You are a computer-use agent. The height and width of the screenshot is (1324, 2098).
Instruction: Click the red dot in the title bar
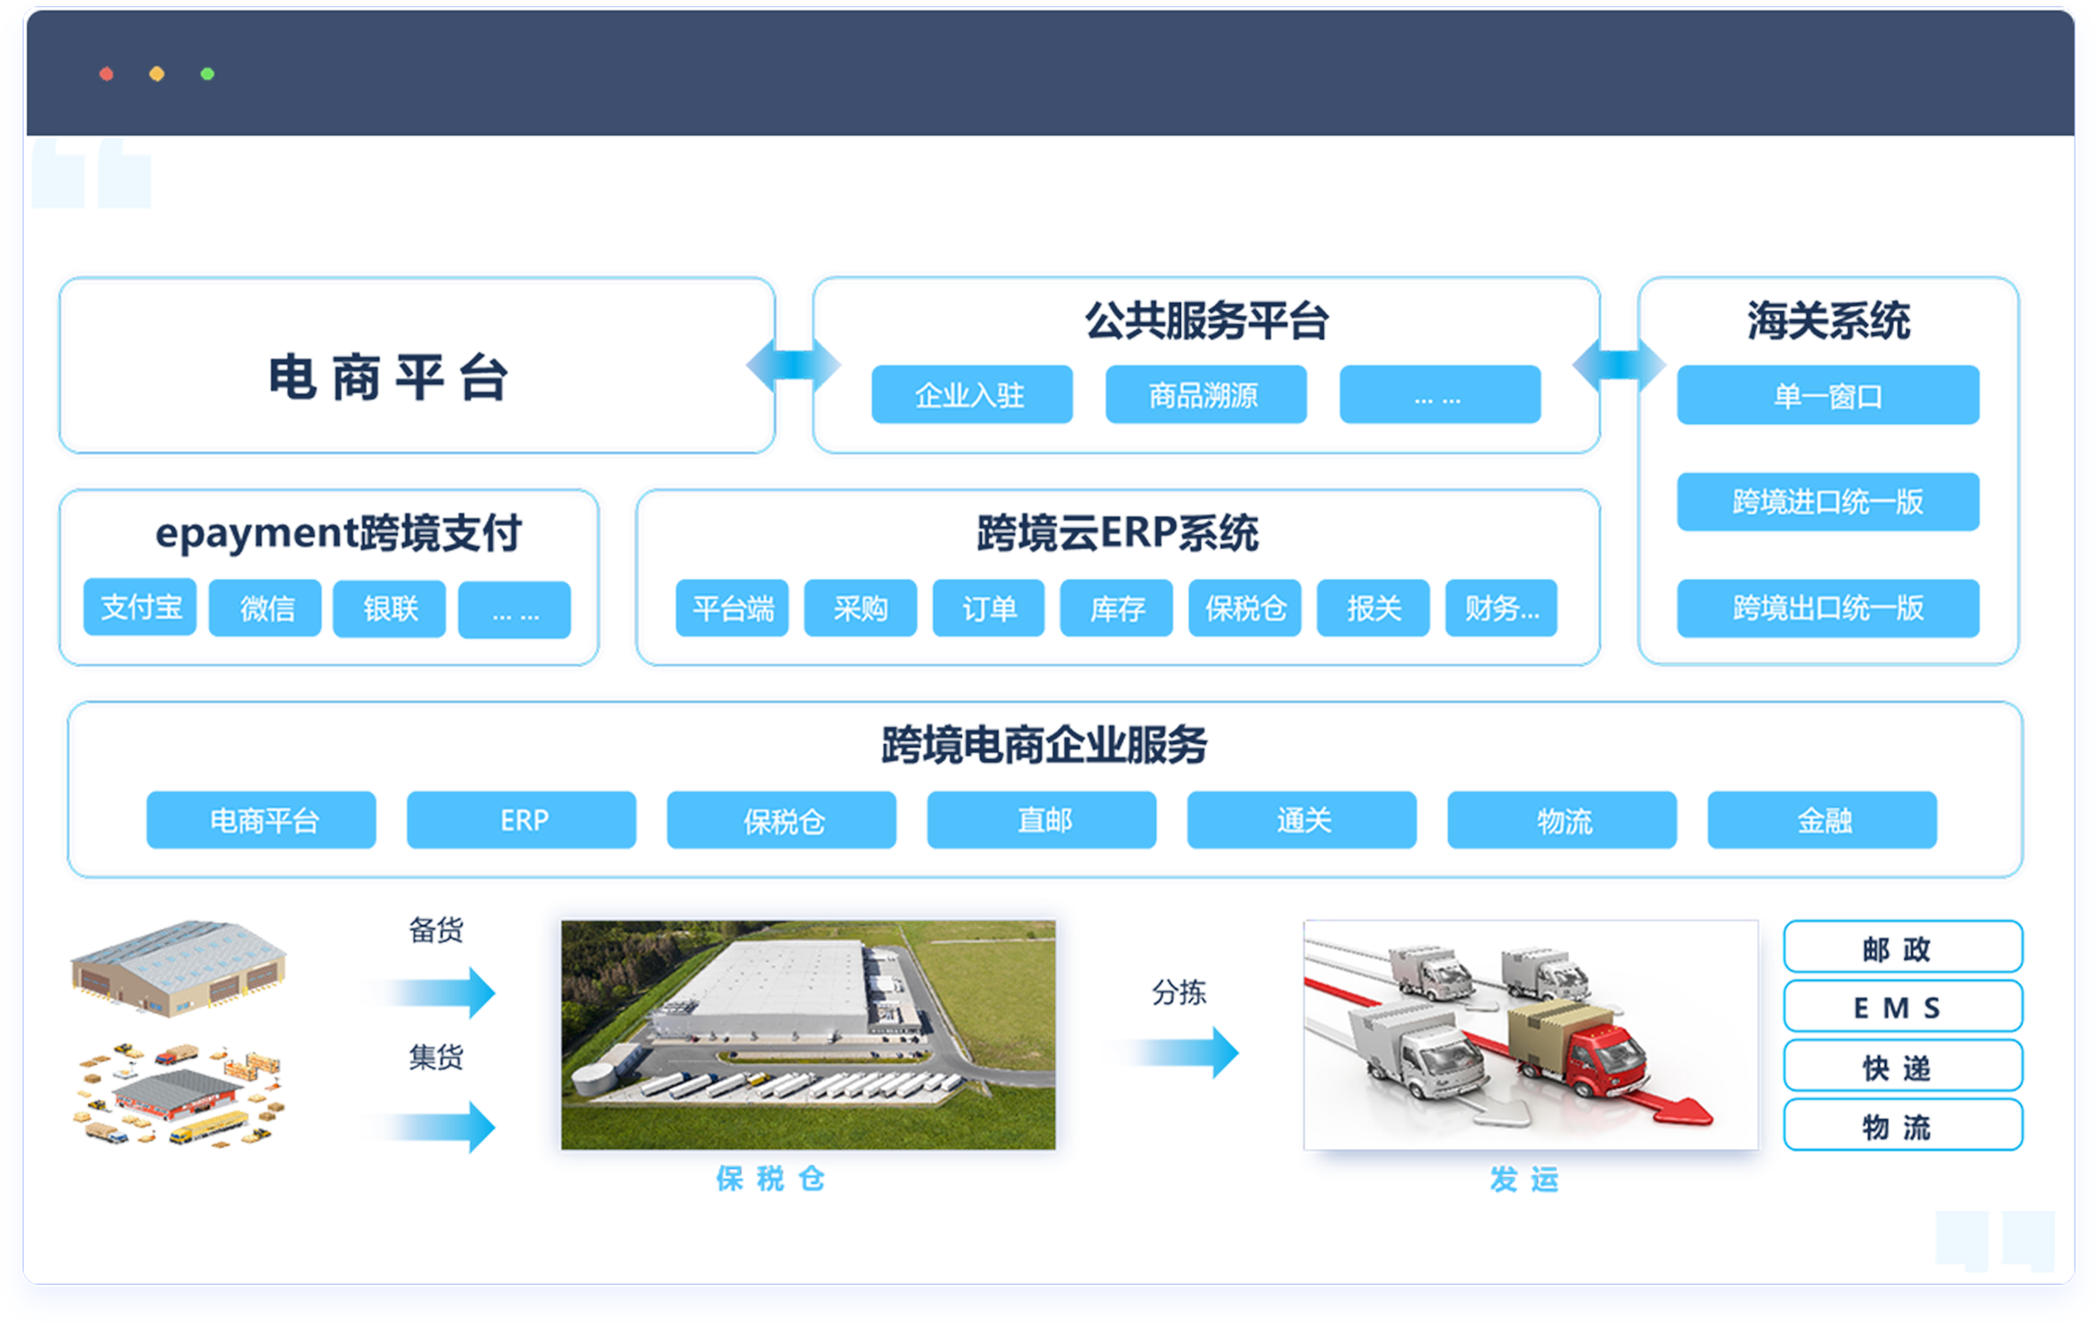coord(106,74)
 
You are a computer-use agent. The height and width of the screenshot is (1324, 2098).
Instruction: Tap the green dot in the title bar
coord(207,74)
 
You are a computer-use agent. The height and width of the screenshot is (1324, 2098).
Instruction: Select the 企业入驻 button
coord(972,395)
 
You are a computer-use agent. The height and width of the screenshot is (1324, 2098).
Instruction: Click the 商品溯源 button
coord(1206,395)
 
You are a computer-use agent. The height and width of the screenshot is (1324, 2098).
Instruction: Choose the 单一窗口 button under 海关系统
coord(1828,396)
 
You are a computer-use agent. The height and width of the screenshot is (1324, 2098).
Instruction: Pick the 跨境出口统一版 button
coord(1828,608)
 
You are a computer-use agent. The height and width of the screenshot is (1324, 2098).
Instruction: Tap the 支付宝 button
coord(140,607)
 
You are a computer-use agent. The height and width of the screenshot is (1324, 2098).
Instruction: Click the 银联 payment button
coord(389,609)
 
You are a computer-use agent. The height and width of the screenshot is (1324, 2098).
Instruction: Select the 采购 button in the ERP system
coord(860,608)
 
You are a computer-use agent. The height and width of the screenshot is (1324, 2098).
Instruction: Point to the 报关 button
coord(1373,608)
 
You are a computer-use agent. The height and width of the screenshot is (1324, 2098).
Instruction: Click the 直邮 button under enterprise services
coord(1042,820)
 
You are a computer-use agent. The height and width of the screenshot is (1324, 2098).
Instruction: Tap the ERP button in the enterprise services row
coord(521,820)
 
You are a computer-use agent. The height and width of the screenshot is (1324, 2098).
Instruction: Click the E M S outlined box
coord(1903,1006)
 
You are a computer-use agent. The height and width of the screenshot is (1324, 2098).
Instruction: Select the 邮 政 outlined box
coord(1903,947)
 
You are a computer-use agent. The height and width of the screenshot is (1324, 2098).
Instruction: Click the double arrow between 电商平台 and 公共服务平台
coord(793,364)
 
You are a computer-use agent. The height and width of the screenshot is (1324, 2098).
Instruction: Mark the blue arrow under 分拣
coord(1185,1053)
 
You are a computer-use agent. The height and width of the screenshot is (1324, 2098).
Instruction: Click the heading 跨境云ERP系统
coord(1118,533)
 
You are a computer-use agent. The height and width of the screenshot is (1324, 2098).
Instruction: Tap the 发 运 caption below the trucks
coord(1524,1180)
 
